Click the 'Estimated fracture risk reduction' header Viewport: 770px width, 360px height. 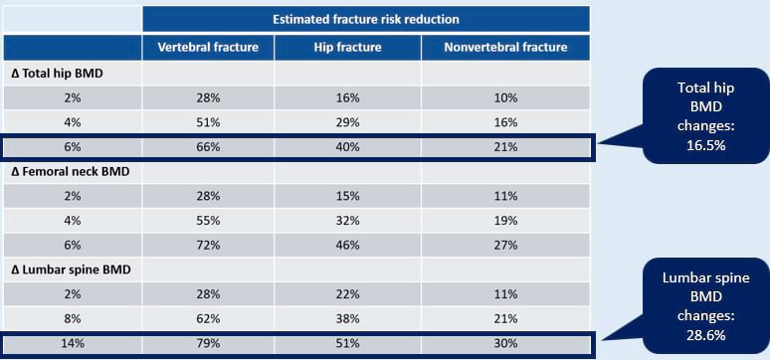(x=366, y=19)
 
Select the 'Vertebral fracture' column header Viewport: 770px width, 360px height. (x=208, y=47)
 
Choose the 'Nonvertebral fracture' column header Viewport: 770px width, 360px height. (x=506, y=47)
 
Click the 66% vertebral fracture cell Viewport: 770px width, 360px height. (x=208, y=147)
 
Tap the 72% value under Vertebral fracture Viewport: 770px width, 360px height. (x=208, y=245)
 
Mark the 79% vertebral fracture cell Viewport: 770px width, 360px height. (x=208, y=343)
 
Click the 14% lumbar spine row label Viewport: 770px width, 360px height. (x=72, y=343)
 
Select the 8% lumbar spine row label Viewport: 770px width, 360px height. (x=72, y=318)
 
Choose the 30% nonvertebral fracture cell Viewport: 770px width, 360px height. (x=506, y=343)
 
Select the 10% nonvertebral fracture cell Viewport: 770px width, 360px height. (x=506, y=97)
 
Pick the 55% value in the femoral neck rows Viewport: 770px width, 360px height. (x=208, y=221)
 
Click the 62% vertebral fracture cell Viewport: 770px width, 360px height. (x=208, y=318)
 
